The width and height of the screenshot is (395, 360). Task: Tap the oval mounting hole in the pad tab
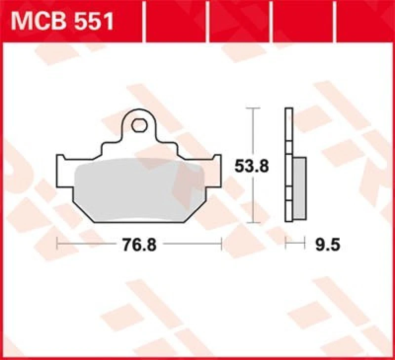(x=139, y=125)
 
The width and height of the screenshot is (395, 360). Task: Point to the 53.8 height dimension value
(x=251, y=166)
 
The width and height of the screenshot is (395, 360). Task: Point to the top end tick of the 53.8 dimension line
(x=253, y=108)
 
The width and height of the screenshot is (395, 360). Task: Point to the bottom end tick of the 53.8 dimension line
(x=253, y=223)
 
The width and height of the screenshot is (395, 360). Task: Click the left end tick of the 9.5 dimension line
(x=285, y=242)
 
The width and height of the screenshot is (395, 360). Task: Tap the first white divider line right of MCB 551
(x=144, y=21)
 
